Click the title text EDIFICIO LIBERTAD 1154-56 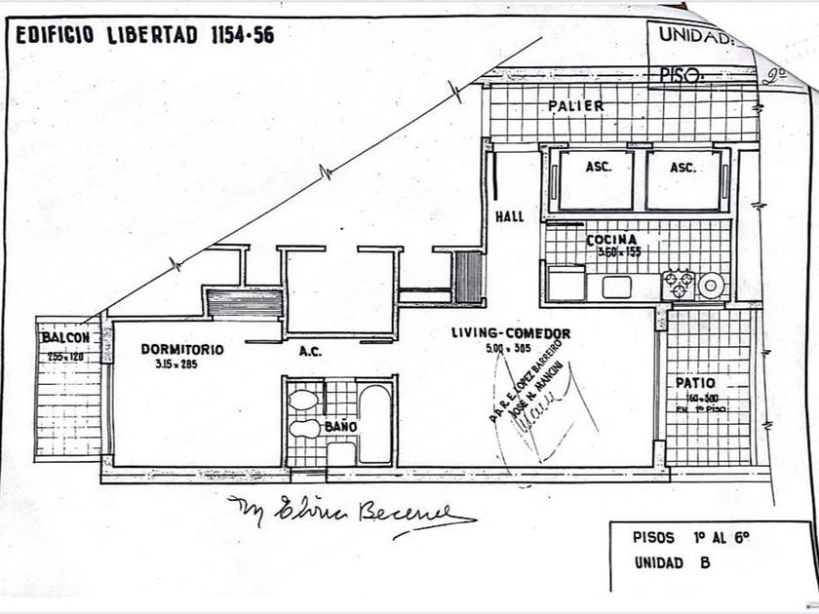point(145,35)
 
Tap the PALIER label point(575,105)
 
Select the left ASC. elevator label point(599,168)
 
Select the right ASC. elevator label point(682,168)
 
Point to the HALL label point(510,217)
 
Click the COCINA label point(611,240)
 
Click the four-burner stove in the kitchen point(678,285)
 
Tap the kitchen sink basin point(617,287)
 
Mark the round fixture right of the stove point(712,285)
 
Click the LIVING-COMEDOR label point(510,334)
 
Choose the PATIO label point(695,383)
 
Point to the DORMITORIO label point(181,349)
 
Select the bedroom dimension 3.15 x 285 point(176,365)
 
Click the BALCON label point(65,338)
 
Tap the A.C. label point(310,352)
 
